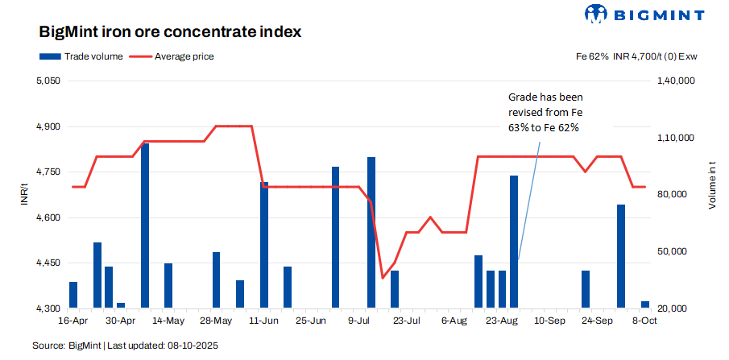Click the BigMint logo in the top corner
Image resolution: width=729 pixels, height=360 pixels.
pyautogui.click(x=644, y=14)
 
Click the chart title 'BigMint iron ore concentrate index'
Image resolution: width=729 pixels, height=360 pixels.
pyautogui.click(x=170, y=33)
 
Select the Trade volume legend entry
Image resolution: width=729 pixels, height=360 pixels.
pyautogui.click(x=81, y=56)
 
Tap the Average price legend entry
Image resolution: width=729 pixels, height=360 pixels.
pyautogui.click(x=172, y=56)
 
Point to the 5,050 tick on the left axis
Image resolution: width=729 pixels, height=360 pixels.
pyautogui.click(x=49, y=81)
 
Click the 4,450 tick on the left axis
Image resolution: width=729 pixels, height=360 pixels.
pyautogui.click(x=49, y=263)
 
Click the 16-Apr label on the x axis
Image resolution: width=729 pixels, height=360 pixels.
pyautogui.click(x=73, y=320)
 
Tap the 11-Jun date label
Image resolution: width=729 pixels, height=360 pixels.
pyautogui.click(x=264, y=320)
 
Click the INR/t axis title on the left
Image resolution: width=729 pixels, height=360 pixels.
pyautogui.click(x=26, y=195)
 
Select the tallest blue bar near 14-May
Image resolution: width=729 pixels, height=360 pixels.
pyautogui.click(x=145, y=226)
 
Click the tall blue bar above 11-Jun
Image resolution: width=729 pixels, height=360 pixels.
pyautogui.click(x=264, y=245)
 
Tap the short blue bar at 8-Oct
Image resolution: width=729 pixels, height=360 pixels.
pyautogui.click(x=645, y=304)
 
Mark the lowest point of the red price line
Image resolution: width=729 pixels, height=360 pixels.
pyautogui.click(x=383, y=278)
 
